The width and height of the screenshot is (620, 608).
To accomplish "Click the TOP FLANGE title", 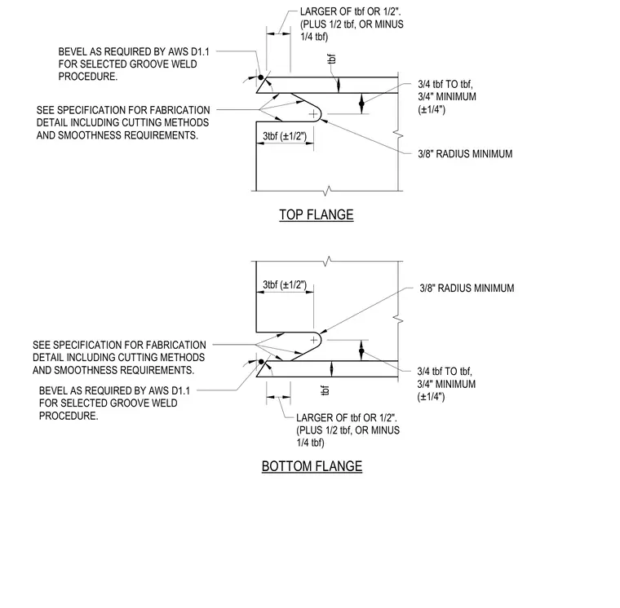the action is point(317,214).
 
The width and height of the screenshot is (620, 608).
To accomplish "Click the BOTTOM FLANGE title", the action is point(312,466).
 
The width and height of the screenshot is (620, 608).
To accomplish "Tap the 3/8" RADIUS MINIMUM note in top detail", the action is point(465,154).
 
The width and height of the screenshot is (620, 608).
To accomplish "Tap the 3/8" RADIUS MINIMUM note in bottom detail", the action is point(467,288).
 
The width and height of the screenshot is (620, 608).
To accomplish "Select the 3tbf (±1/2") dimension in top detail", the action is point(285,136).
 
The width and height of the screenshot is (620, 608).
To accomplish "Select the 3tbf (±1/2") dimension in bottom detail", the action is point(285,284).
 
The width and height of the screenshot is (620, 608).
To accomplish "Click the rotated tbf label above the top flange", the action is point(332,59).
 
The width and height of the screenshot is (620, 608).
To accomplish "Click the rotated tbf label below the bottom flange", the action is point(325,390).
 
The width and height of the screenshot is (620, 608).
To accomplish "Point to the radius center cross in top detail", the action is point(313,114).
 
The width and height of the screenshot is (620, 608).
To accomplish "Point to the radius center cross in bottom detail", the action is point(313,340).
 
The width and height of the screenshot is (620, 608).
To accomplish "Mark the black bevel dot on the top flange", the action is point(261,77).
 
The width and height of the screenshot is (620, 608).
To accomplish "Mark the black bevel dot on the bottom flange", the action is point(261,362).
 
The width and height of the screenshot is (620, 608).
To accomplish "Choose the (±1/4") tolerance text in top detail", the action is point(432,109).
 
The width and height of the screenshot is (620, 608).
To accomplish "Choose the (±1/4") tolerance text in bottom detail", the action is point(431,397).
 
